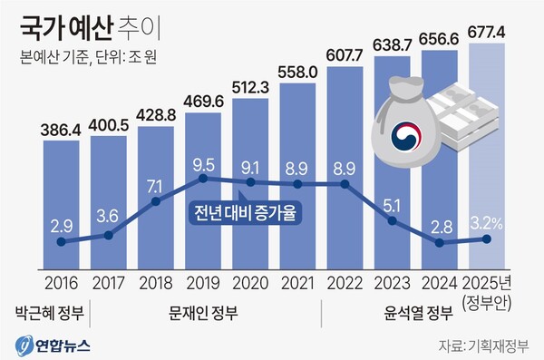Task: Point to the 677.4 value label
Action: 487,34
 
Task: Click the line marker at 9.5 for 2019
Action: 204,178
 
